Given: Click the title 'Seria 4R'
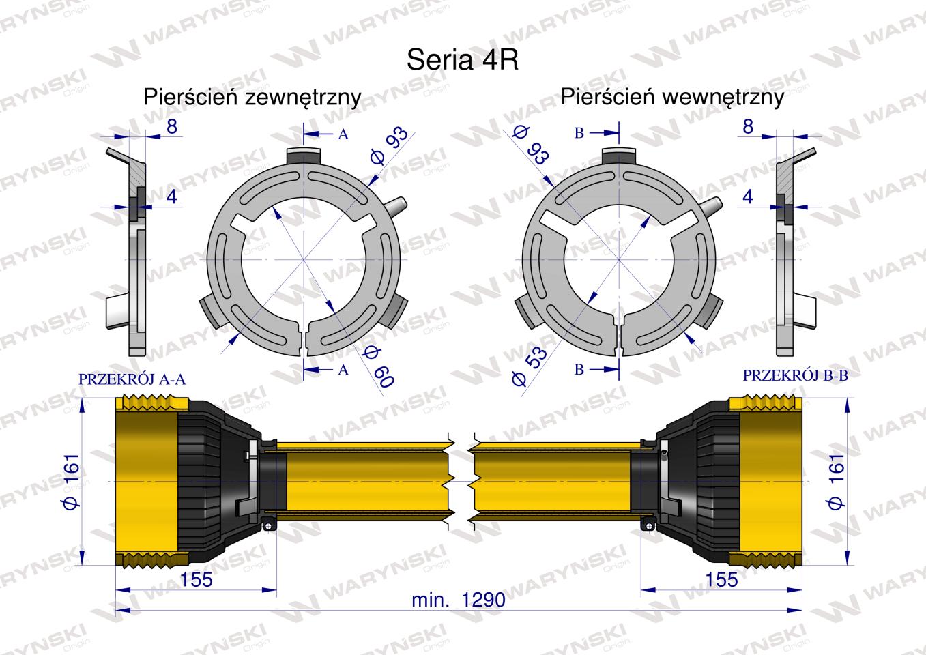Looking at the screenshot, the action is point(462,60).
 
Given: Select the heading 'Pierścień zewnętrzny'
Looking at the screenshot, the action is point(252,98).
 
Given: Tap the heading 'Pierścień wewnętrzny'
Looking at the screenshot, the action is point(672,98).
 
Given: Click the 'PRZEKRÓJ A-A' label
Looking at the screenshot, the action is point(132,379).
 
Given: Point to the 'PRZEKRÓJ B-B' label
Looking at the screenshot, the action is point(796,375).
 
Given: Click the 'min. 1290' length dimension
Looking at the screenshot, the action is point(459,600).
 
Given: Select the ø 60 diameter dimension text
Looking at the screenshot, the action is point(379,366).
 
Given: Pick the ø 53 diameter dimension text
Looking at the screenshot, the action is point(529,366).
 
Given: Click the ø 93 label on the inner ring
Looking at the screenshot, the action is point(532,145).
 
